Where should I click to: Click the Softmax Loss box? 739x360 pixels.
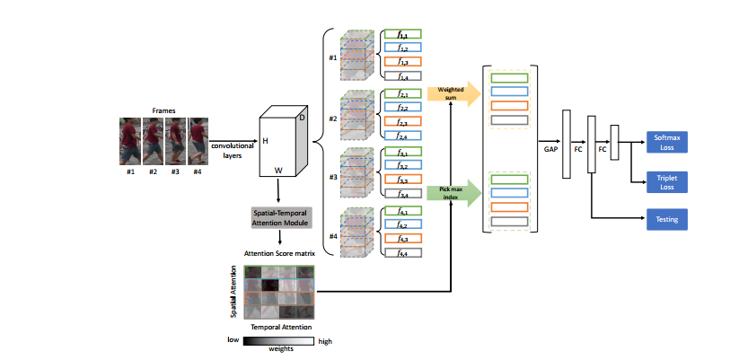point(666,141)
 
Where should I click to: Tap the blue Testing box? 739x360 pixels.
point(666,217)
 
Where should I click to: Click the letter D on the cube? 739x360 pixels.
point(302,118)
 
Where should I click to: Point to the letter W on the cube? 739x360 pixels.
point(278,168)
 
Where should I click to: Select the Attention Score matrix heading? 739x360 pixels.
point(281,253)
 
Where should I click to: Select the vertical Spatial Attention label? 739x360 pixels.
point(235,292)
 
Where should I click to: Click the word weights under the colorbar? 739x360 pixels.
point(281,351)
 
